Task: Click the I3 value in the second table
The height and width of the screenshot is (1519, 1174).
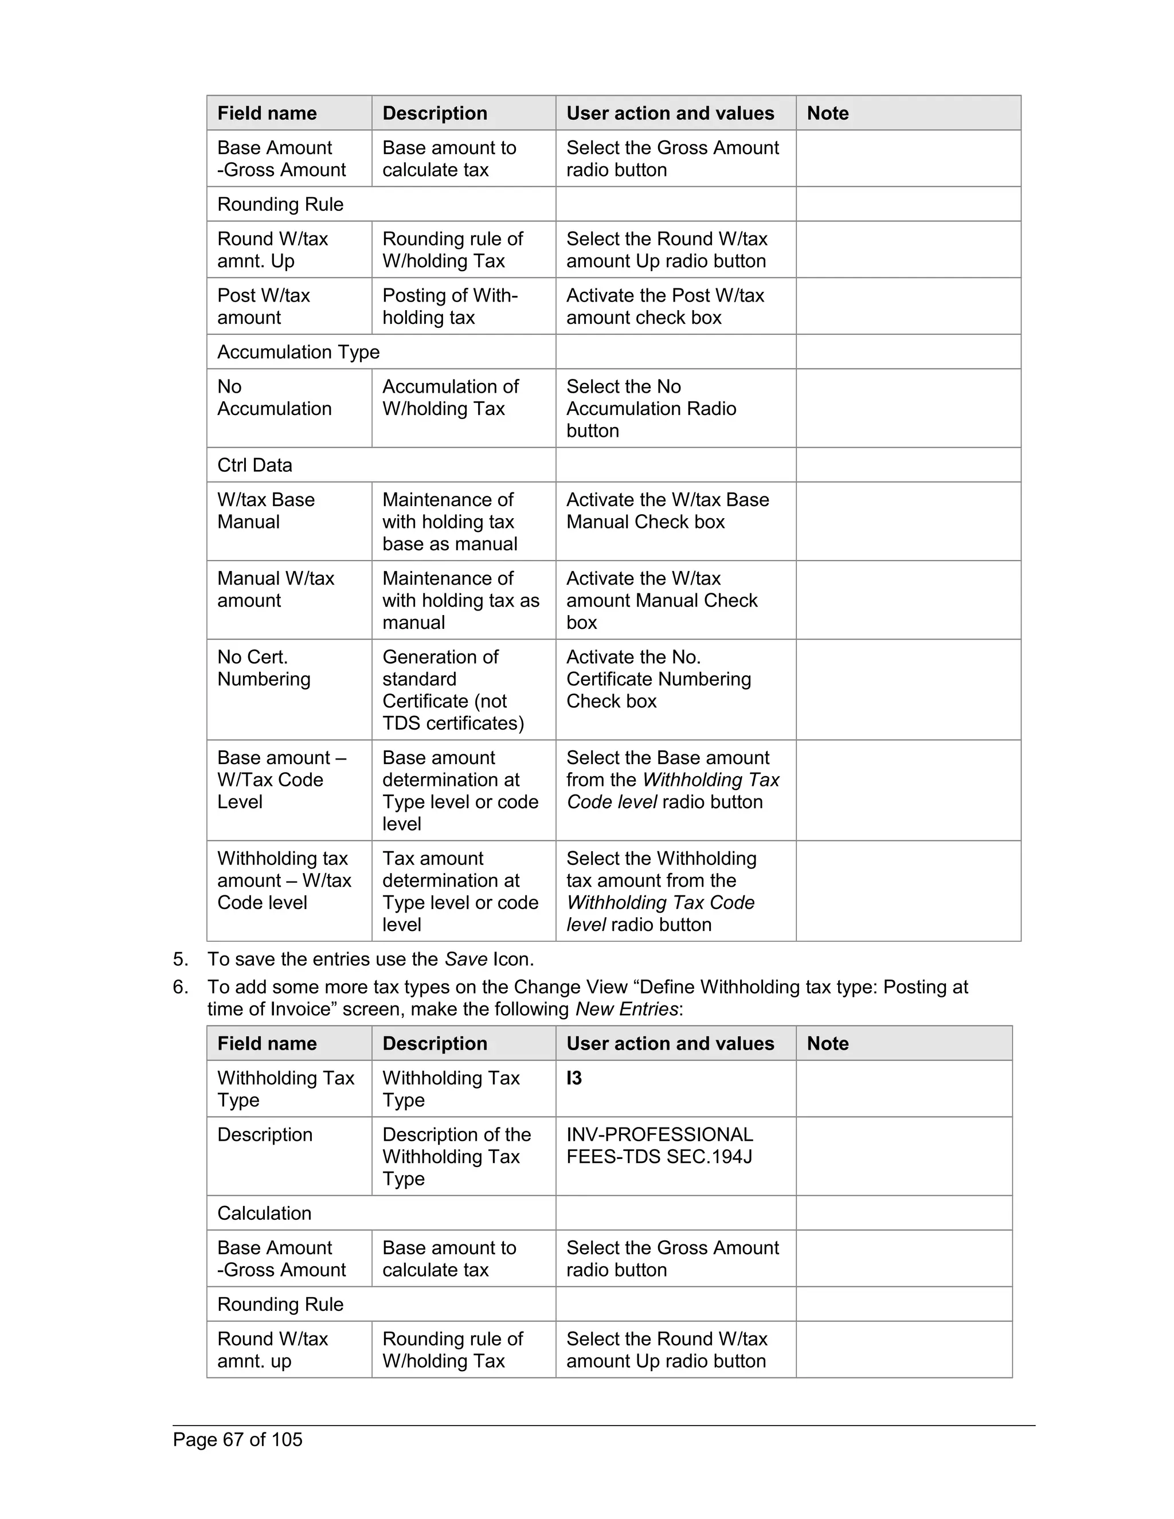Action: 574,1078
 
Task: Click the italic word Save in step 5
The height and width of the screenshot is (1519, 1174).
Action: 465,959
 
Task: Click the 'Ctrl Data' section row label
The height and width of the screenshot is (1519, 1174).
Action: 255,465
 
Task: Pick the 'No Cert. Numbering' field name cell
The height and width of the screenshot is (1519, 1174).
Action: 264,668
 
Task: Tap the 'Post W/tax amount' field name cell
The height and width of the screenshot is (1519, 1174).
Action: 264,307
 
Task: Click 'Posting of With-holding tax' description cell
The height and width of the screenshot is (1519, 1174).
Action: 450,307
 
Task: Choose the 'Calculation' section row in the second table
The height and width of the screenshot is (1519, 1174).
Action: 264,1213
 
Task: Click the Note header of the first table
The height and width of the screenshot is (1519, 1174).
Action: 828,113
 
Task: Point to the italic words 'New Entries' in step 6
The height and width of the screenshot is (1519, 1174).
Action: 626,1009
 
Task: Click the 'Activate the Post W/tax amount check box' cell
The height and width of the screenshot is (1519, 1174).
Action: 665,307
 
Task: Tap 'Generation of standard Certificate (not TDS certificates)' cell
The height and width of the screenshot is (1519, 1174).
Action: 453,690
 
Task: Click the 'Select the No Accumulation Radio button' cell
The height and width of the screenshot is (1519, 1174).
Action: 651,408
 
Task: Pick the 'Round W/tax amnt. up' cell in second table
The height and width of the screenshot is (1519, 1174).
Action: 273,1350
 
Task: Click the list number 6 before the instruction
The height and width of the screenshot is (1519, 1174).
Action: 180,987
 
